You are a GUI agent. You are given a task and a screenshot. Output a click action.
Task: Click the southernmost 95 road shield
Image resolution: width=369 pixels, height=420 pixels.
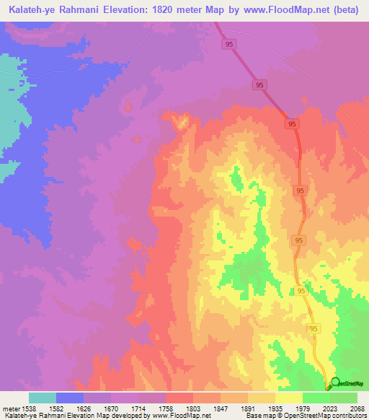pyautogui.click(x=314, y=328)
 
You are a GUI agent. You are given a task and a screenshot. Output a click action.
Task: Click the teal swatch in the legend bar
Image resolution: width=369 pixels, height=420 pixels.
pyautogui.click(x=43, y=398)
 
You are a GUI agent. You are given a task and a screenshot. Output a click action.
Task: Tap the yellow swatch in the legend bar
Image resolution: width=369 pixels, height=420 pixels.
pyautogui.click(x=289, y=398)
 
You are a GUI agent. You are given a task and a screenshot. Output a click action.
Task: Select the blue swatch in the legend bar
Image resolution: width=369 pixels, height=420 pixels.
pyautogui.click(x=70, y=398)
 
